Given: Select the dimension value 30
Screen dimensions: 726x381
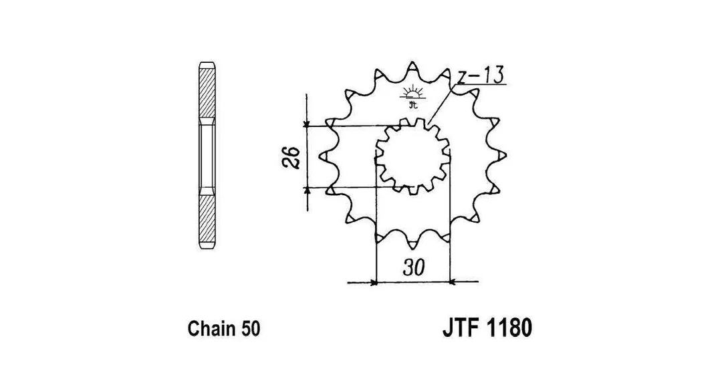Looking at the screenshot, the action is (x=413, y=267).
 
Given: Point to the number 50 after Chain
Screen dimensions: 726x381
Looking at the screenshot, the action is (x=251, y=329).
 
